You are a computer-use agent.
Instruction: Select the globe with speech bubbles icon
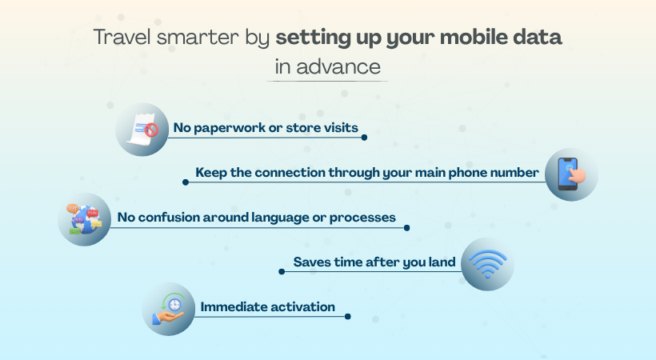click(84, 218)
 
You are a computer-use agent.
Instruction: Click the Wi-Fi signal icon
click(487, 263)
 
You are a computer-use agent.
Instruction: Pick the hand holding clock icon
click(168, 308)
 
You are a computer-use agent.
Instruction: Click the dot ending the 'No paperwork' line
click(364, 138)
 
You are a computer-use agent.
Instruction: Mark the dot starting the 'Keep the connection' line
click(186, 182)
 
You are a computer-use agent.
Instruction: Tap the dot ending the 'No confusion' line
click(406, 227)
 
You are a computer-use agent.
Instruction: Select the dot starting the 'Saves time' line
click(282, 272)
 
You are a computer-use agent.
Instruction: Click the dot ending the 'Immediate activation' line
click(347, 317)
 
